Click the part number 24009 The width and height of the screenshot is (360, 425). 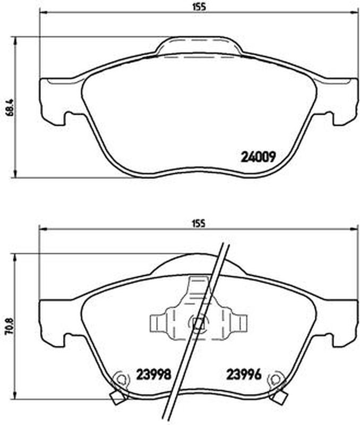[258, 156]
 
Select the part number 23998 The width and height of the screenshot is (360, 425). [153, 375]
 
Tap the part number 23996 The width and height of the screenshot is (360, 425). [244, 375]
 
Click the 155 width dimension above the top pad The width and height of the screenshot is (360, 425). [199, 7]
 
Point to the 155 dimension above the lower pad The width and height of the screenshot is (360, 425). [199, 224]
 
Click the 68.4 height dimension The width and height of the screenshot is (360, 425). [10, 107]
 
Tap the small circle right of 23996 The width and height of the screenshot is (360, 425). [275, 379]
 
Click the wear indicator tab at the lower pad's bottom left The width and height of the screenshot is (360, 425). [118, 397]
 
